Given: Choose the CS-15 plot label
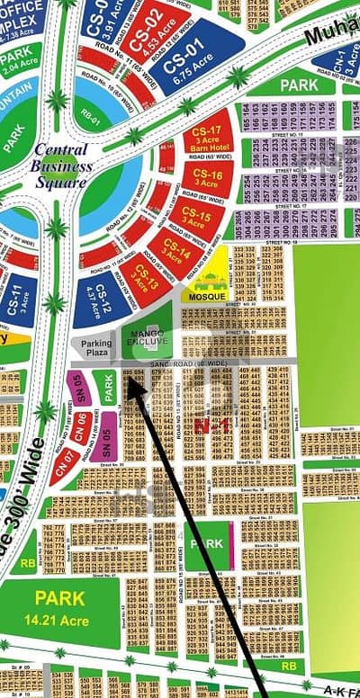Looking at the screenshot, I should [x=193, y=216].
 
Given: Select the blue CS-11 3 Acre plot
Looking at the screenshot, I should [x=19, y=297].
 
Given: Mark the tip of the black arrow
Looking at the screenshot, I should [x=128, y=378].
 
